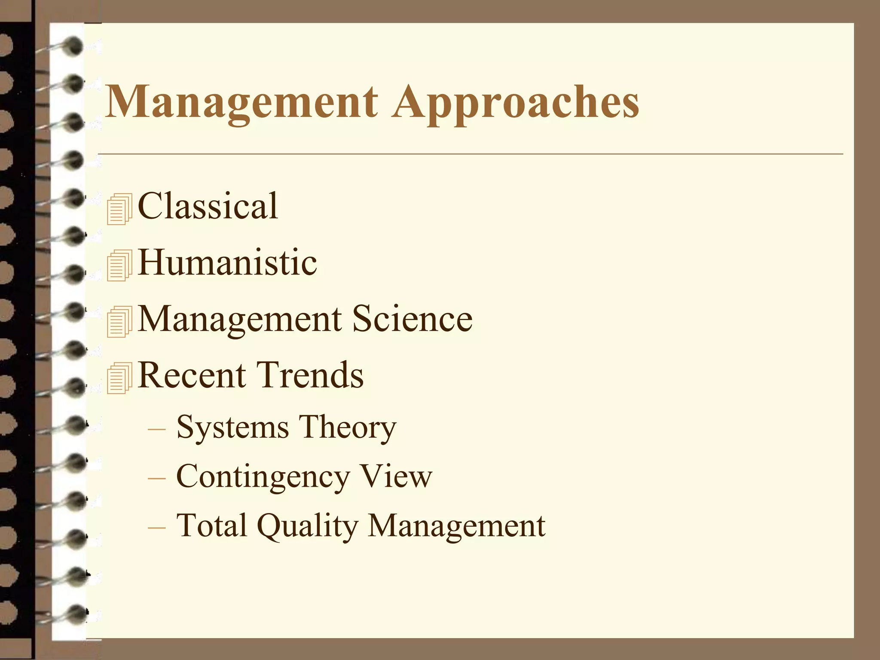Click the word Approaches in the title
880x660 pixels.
point(515,102)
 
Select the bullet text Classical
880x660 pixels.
point(208,206)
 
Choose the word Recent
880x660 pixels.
point(191,375)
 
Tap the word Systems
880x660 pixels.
point(232,428)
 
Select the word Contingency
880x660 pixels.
point(263,477)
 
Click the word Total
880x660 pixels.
point(212,525)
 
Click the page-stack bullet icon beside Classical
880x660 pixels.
point(119,209)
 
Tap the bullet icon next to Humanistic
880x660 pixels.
point(119,266)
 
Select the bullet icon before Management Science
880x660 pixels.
point(119,322)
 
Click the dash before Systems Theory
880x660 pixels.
point(156,429)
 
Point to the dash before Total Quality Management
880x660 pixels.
point(156,526)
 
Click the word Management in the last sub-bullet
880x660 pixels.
point(457,526)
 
